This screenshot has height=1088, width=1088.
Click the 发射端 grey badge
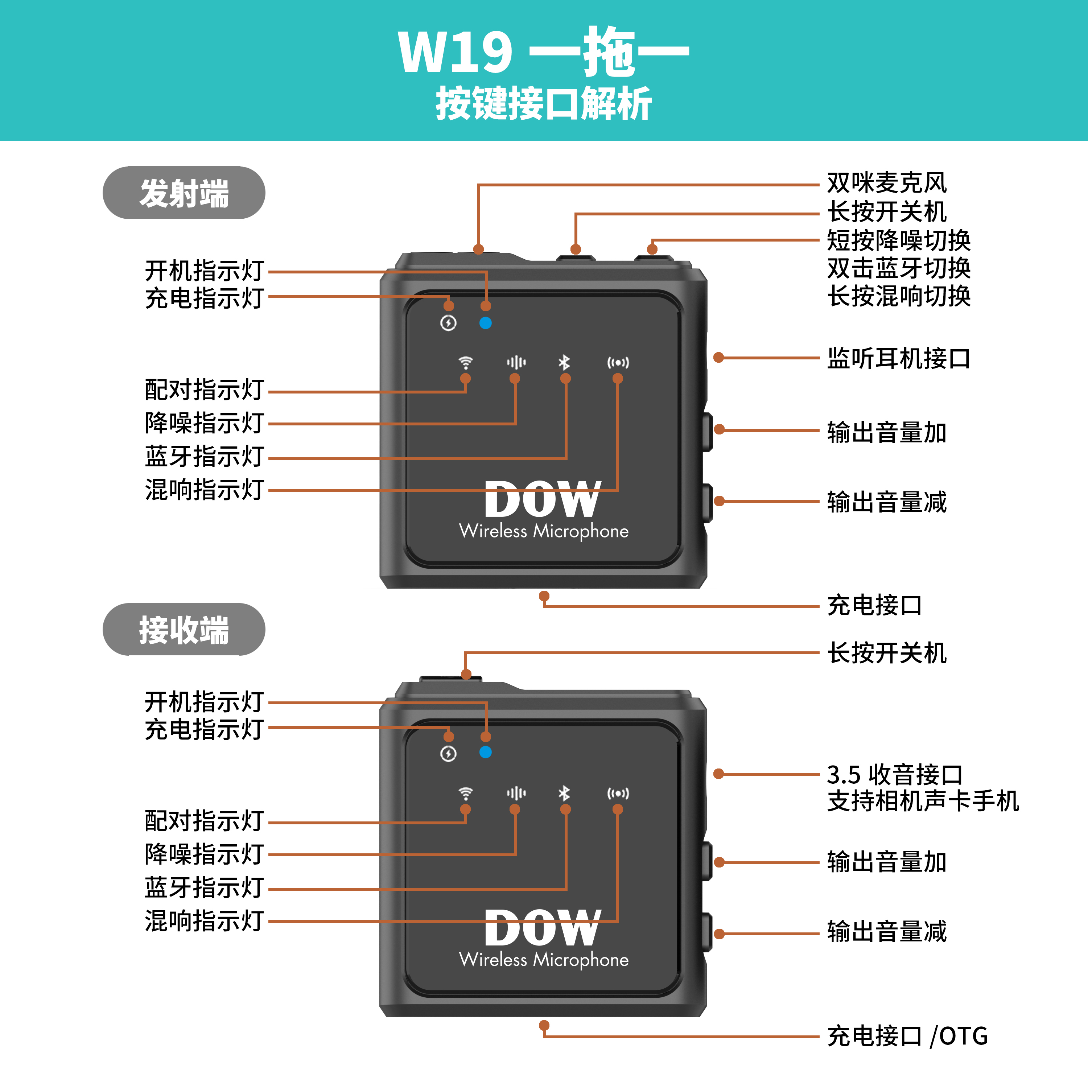coord(184,193)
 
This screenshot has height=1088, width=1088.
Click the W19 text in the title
coord(455,52)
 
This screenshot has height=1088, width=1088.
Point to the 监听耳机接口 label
coord(898,358)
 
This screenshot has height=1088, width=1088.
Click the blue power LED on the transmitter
coord(486,323)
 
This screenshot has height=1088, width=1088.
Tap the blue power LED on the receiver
coord(486,753)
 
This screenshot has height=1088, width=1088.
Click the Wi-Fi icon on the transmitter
coord(466,362)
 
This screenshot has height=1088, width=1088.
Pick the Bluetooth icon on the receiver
coord(564,793)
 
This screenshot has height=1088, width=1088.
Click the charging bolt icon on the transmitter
coord(448,323)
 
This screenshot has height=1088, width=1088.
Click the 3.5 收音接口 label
coord(894,775)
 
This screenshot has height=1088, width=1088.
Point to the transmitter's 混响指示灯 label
coord(204,490)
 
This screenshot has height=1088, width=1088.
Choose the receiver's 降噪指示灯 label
coord(204,854)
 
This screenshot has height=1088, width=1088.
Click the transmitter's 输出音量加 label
coord(886,433)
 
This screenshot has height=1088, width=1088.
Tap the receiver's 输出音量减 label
coord(886,931)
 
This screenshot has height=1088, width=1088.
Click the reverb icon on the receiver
coord(618,793)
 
